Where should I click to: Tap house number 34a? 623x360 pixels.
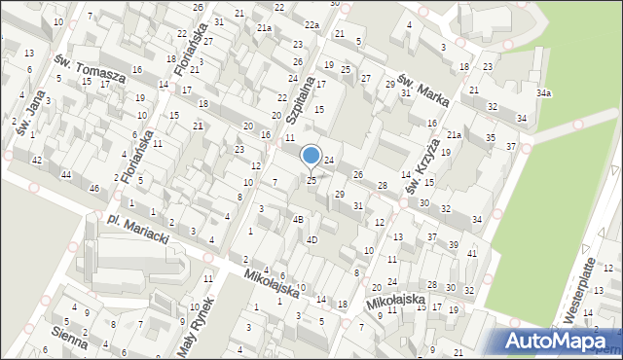coord(543,92)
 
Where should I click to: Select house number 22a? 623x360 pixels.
coord(311,24)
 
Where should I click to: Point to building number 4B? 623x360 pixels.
coord(299,220)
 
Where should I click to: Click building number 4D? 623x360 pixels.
coord(311,239)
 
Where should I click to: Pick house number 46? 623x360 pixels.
coord(94,188)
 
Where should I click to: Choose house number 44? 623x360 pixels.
coord(66,174)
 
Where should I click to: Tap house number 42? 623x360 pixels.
coord(36,160)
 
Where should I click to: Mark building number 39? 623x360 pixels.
coord(454,243)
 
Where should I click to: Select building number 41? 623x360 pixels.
coord(471,253)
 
